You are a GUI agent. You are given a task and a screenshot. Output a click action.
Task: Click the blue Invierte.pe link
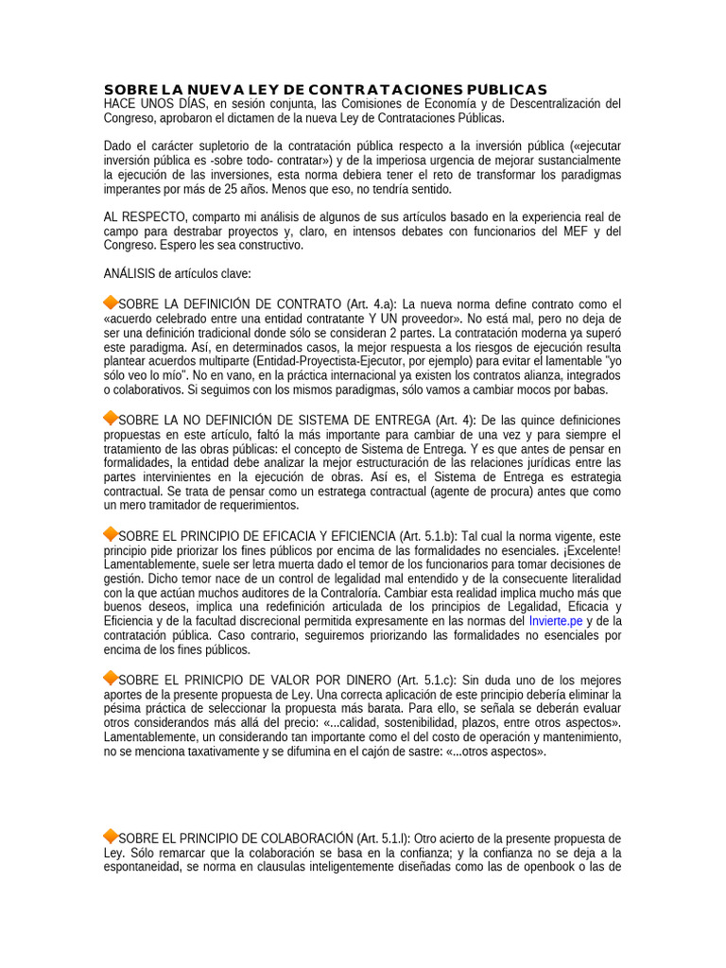(x=556, y=621)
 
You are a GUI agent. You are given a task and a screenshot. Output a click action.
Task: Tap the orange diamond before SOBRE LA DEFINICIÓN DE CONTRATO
(x=111, y=302)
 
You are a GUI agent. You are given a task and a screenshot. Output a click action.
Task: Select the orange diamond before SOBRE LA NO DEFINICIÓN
(x=111, y=418)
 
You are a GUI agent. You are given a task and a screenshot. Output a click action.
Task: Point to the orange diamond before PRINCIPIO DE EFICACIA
(x=111, y=534)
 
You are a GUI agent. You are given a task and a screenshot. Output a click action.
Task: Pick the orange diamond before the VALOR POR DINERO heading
(x=111, y=679)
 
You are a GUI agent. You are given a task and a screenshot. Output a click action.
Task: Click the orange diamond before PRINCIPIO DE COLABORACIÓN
(x=111, y=836)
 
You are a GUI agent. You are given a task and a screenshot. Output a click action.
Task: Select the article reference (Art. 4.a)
(x=372, y=304)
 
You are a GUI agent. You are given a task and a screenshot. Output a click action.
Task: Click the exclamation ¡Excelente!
(x=591, y=550)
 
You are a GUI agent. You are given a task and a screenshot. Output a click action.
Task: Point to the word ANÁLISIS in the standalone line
(x=130, y=274)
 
